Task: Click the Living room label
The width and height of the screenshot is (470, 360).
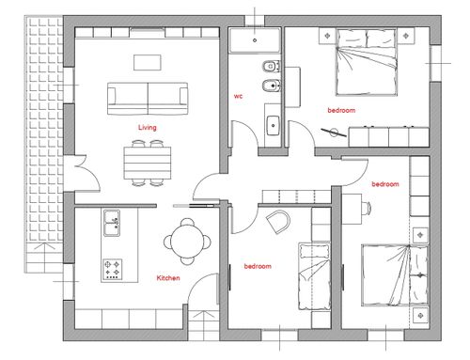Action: (x=148, y=128)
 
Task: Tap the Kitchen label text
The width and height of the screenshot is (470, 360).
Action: (x=168, y=278)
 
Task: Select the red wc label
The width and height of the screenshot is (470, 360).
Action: (x=238, y=96)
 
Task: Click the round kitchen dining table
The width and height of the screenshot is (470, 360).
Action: (x=187, y=242)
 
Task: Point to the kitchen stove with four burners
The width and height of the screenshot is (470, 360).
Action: (x=113, y=269)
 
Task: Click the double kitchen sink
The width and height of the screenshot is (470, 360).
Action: (x=112, y=223)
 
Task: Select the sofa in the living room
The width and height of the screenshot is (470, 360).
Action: (x=148, y=99)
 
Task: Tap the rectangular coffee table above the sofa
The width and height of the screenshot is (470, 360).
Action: (x=148, y=62)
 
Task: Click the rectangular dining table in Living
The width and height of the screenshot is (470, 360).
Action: (x=148, y=163)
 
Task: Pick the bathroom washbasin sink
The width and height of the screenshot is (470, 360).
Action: (x=273, y=125)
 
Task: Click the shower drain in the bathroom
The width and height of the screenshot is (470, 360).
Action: (x=255, y=40)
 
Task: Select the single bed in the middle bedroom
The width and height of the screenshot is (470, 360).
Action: (x=314, y=276)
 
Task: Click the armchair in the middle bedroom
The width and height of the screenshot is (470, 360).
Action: (x=278, y=222)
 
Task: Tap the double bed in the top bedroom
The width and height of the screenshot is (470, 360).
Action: (x=367, y=62)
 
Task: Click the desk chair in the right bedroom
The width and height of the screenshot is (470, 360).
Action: (x=367, y=208)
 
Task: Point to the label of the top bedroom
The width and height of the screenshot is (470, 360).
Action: (x=341, y=110)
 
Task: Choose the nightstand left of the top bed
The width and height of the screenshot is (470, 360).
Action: (x=327, y=36)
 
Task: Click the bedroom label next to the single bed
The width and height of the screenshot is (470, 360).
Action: (x=258, y=266)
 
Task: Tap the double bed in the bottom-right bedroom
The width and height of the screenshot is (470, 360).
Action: (x=395, y=275)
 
